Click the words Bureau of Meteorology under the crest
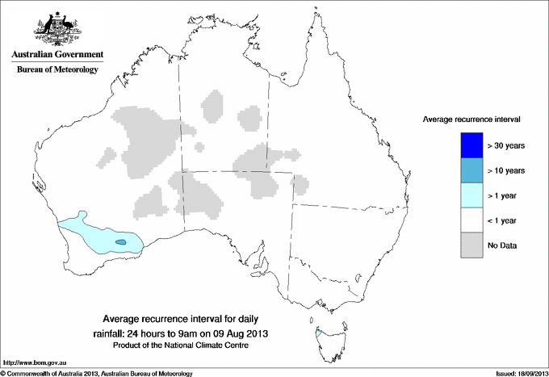click(x=57, y=69)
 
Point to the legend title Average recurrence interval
click(x=471, y=119)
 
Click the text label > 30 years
click(x=506, y=145)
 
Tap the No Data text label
click(x=502, y=245)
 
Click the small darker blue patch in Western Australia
click(x=120, y=242)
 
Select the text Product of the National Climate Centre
click(x=181, y=345)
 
